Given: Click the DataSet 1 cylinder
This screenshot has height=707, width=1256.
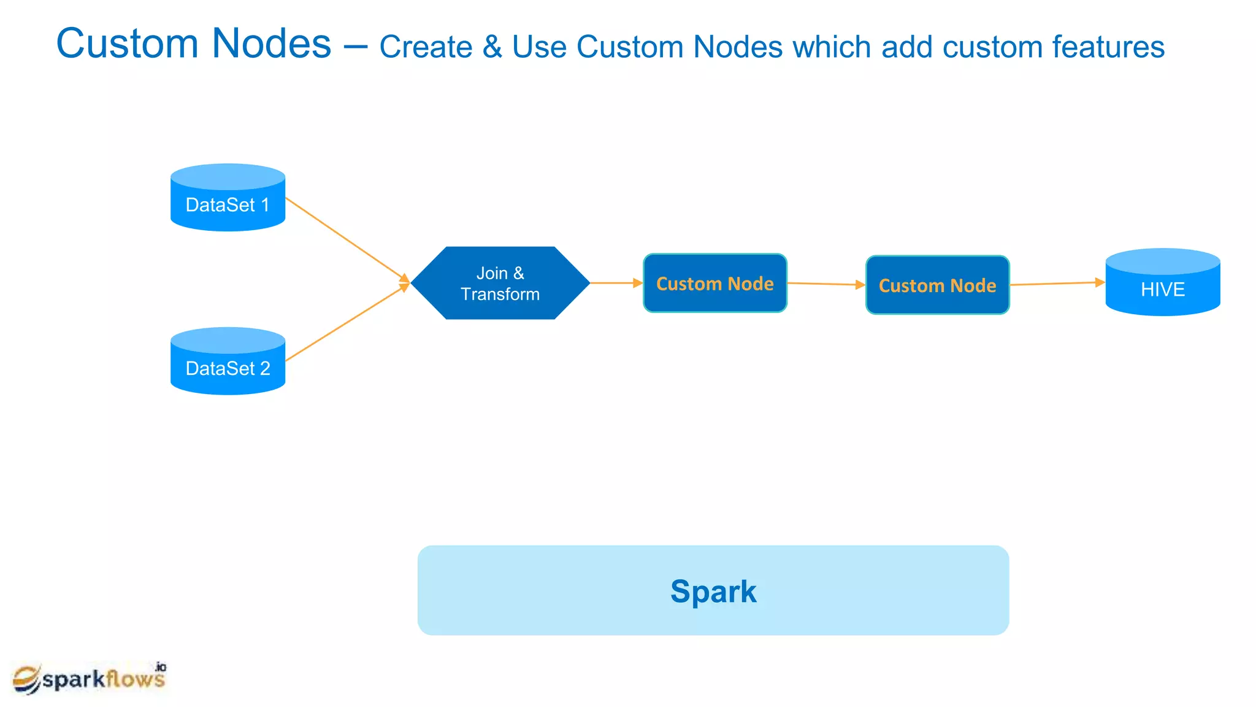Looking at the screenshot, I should (228, 198).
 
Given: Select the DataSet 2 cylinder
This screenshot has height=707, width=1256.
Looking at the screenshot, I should (228, 361).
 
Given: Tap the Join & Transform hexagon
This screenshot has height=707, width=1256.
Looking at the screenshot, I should (500, 283).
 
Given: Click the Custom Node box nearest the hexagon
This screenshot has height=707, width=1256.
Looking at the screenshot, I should (714, 284).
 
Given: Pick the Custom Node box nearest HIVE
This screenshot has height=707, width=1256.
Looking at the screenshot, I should (937, 285).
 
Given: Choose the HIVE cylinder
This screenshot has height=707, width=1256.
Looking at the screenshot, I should (1162, 283).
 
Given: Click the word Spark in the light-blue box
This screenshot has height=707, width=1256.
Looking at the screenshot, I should (713, 592).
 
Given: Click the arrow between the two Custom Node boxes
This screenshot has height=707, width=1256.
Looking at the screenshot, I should (825, 284).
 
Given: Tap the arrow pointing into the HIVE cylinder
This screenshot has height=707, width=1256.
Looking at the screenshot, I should (1057, 284).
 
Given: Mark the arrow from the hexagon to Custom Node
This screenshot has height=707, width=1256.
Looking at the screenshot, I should (615, 283).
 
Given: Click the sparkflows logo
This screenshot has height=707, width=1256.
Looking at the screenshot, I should (90, 678).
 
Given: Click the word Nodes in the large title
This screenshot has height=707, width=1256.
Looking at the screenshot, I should (272, 44).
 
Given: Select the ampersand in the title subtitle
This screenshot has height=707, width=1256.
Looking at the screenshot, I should (492, 47).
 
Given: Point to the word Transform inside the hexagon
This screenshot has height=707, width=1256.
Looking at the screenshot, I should (500, 295).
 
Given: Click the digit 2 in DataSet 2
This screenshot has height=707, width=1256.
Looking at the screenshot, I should (265, 368).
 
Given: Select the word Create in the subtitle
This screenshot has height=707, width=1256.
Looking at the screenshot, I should (426, 47).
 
